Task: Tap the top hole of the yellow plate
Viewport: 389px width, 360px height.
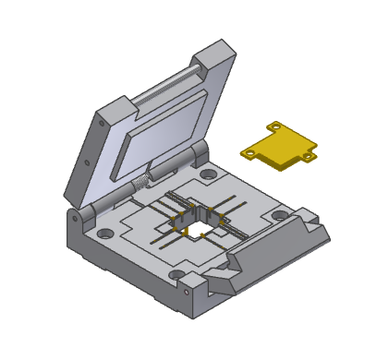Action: tap(274, 126)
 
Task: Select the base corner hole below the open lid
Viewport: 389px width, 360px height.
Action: tap(104, 233)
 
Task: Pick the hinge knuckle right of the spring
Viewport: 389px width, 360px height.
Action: tap(194, 157)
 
